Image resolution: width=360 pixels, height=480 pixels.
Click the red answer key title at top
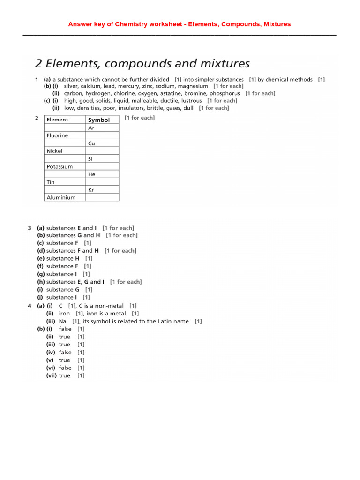click(x=180, y=24)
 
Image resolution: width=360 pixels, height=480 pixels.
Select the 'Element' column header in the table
click(x=57, y=120)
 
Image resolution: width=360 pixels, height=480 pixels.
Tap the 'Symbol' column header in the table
click(x=99, y=120)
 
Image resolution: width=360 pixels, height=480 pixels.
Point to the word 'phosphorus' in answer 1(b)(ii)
click(x=225, y=93)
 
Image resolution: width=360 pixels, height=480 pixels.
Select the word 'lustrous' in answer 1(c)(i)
click(x=191, y=101)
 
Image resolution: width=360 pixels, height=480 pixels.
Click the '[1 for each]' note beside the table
click(x=140, y=118)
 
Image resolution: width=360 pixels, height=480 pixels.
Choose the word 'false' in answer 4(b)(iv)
click(x=65, y=352)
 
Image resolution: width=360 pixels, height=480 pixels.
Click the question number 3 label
click(x=30, y=228)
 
